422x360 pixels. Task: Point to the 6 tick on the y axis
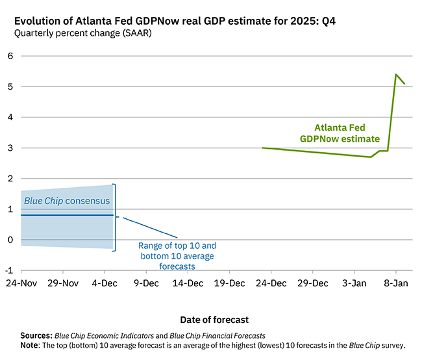point(10,56)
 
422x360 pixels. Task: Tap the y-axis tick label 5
point(10,86)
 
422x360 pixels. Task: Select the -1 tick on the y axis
point(8,270)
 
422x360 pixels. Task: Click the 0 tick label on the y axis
point(10,240)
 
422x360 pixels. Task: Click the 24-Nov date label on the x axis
point(21,283)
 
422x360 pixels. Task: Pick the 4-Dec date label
point(105,283)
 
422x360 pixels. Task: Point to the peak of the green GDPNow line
point(396,75)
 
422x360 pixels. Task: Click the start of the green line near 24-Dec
point(263,148)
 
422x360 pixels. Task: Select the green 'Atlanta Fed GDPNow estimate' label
point(339,133)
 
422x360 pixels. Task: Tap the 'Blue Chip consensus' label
point(67,201)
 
